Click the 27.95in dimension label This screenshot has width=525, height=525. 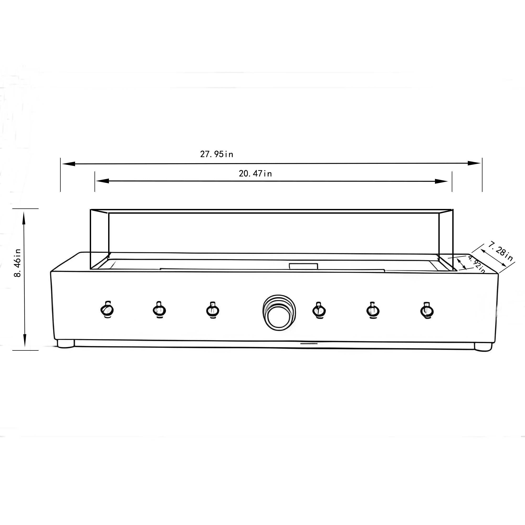coord(217,154)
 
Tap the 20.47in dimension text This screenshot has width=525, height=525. coord(255,173)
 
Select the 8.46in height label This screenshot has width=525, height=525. coord(17,263)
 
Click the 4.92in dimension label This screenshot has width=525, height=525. coord(476,264)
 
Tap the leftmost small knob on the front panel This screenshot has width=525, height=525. coord(107,309)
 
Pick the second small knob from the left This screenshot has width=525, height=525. coord(160,310)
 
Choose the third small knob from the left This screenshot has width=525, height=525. coord(213,310)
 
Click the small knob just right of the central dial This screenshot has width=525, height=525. coord(319,310)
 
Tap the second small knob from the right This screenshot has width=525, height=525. coord(373,310)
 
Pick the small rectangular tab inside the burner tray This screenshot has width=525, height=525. coord(303,266)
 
